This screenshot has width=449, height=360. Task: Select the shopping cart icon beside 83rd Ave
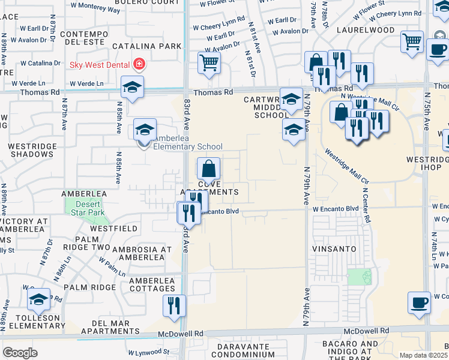point(209,62)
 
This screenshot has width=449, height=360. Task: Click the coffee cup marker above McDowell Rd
point(419,302)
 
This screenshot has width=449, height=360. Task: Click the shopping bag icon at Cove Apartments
point(209,169)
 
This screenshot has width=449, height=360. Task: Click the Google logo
point(20,353)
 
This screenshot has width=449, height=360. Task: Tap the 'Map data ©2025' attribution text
point(424,355)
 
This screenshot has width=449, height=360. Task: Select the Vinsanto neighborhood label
point(334,248)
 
